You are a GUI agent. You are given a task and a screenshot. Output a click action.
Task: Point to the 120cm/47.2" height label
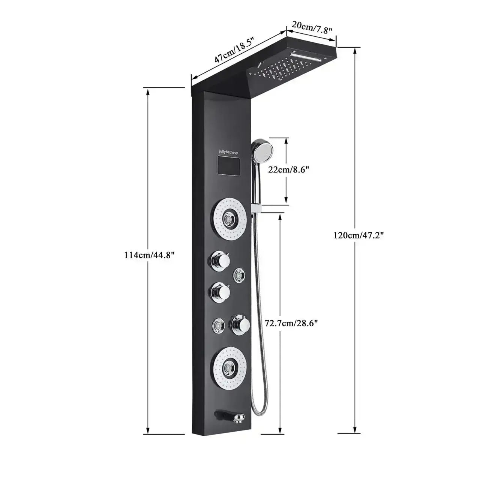point(358,235)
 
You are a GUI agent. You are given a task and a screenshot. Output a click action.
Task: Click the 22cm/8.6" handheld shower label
point(288,169)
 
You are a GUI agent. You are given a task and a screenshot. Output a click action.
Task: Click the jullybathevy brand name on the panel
point(231,152)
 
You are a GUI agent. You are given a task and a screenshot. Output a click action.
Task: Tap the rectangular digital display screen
point(229,166)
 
